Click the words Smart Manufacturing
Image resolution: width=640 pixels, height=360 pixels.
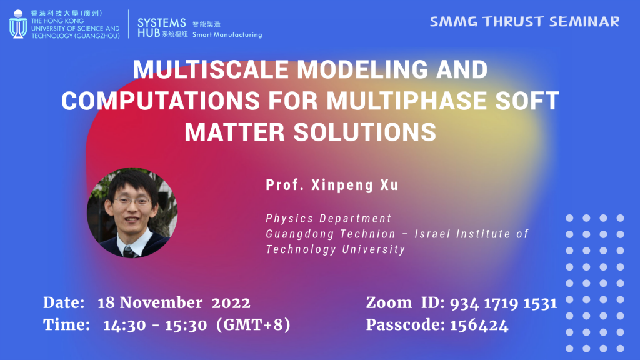pyautogui.click(x=227, y=35)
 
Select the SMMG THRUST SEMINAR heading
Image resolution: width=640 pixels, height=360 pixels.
pyautogui.click(x=524, y=22)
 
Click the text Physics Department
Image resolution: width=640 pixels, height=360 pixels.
pyautogui.click(x=328, y=219)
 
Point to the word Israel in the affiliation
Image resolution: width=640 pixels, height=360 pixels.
pyautogui.click(x=435, y=234)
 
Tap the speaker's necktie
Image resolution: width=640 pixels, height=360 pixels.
pyautogui.click(x=127, y=251)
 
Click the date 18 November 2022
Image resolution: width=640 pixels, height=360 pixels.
pyautogui.click(x=174, y=303)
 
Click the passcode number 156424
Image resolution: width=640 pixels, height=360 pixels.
pyautogui.click(x=479, y=325)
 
